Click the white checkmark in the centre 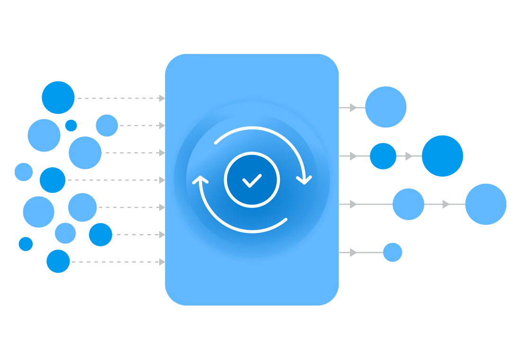point(252,180)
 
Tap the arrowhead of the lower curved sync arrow point(200,180)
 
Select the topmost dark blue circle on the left point(58,98)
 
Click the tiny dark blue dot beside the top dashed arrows point(71,126)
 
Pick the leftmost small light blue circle point(24,172)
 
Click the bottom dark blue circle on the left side point(58,261)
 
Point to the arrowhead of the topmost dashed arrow point(162,98)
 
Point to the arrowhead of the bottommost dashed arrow point(162,261)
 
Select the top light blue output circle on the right point(386,107)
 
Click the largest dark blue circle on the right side point(442,156)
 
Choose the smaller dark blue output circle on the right point(383,156)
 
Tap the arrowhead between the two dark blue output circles point(409,156)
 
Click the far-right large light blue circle point(485,204)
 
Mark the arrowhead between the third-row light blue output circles point(446,204)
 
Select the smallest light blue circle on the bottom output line point(393,252)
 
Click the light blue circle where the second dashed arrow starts point(107,126)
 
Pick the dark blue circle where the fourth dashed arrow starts point(53,180)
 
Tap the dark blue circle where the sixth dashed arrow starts point(100,234)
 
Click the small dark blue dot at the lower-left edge point(26,244)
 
